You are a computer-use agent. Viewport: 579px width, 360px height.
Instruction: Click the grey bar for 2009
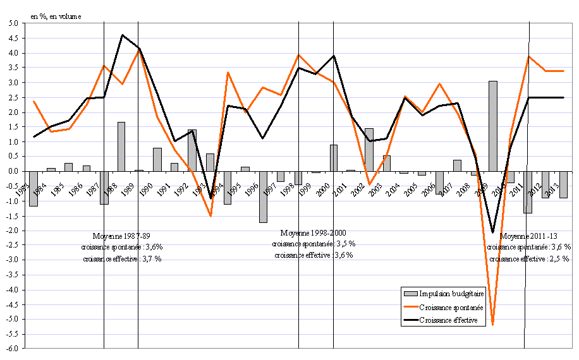[492, 126]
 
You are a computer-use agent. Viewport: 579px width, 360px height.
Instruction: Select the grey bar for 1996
[263, 196]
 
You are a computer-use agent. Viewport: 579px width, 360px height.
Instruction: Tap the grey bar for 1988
[121, 147]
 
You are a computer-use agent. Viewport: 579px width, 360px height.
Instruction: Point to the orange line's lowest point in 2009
[492, 325]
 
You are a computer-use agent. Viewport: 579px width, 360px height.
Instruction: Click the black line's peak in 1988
[122, 35]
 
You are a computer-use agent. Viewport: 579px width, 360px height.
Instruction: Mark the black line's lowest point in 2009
[492, 232]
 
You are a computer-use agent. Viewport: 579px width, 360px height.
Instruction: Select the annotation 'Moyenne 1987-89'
[121, 235]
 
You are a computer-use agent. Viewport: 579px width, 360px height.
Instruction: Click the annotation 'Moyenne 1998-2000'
[314, 232]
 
